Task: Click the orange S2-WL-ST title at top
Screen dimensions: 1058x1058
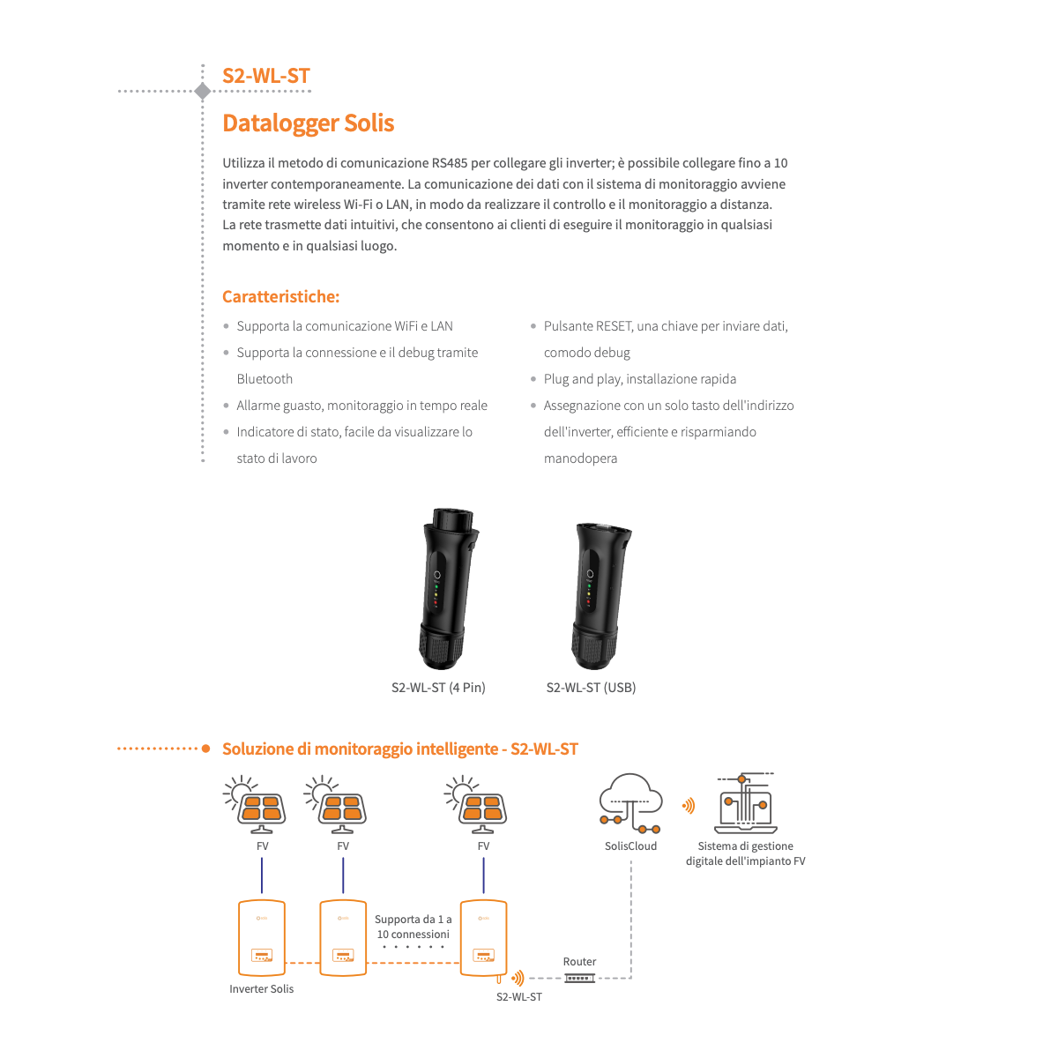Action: click(x=265, y=76)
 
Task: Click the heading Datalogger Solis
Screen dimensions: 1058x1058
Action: click(x=308, y=123)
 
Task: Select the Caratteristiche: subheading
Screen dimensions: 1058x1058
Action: click(x=280, y=296)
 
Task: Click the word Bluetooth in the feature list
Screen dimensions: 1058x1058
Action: click(x=264, y=379)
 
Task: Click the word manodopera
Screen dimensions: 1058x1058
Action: click(x=580, y=458)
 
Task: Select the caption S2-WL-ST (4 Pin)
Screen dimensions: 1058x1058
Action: click(x=438, y=688)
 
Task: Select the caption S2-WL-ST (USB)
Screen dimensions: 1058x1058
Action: click(x=591, y=688)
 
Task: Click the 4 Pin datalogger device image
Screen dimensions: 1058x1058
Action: click(x=448, y=589)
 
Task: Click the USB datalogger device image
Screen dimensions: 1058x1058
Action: click(x=600, y=596)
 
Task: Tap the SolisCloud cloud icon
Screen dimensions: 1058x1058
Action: click(x=630, y=803)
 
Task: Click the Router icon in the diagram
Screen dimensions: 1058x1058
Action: click(x=579, y=979)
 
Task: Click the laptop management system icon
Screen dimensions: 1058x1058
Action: click(x=745, y=803)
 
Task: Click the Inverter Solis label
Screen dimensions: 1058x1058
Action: click(x=261, y=989)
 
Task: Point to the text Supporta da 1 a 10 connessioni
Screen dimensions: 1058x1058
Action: click(x=413, y=927)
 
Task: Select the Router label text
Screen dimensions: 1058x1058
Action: click(x=579, y=961)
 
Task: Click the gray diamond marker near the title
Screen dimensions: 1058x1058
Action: click(x=203, y=91)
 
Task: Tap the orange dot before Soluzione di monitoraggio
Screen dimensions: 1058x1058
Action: click(x=206, y=749)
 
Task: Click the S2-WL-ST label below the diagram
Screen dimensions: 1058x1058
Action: click(x=518, y=997)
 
